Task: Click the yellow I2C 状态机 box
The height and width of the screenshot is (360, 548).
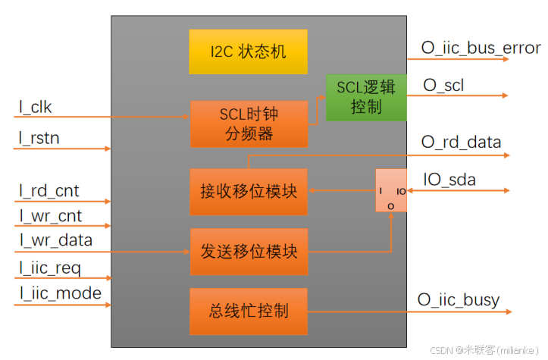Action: pos(248,52)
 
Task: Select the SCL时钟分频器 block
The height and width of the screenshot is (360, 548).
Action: pos(249,124)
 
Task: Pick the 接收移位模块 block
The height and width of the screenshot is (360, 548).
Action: pos(249,191)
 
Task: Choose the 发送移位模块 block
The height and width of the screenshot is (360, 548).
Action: pos(249,251)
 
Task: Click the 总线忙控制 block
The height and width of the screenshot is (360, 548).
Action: pos(249,311)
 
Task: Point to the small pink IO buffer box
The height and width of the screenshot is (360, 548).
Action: pos(391,191)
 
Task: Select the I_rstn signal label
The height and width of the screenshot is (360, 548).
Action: pos(39,138)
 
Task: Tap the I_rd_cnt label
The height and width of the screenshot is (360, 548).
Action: pos(49,191)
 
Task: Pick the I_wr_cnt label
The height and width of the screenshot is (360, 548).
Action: pos(51,216)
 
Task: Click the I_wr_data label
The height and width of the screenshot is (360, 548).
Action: pos(56,241)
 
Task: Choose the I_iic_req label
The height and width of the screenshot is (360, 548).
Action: pos(50,268)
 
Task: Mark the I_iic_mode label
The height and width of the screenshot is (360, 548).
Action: pos(60,294)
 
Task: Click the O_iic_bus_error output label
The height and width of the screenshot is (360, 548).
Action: pos(481,49)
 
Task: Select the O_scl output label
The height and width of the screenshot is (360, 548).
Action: pos(443,86)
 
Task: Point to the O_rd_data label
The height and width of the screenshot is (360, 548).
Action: pos(461,142)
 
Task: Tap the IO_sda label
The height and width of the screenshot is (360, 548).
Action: pos(449,180)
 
